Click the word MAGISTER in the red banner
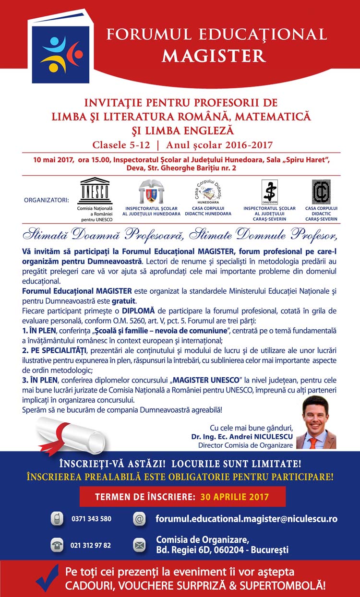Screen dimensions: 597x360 (x=214, y=55)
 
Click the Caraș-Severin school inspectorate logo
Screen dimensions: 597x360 (x=269, y=192)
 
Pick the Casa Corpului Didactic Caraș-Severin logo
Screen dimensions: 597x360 (x=321, y=192)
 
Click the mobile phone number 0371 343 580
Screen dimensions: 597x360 (x=91, y=519)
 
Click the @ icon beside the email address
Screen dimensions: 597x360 (x=139, y=519)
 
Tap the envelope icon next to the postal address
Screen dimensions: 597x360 (x=139, y=545)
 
